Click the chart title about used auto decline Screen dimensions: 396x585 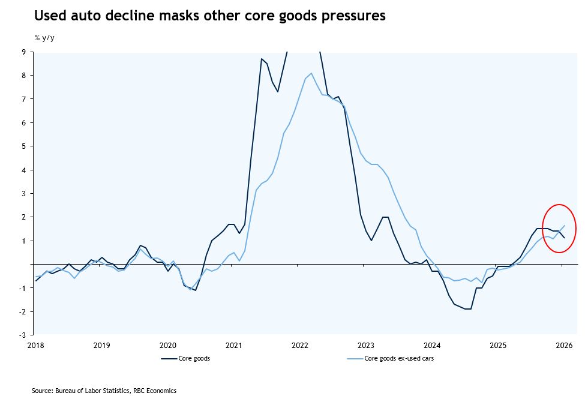pos(209,16)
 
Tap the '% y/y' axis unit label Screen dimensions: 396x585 pos(44,38)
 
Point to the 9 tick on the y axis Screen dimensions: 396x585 pos(24,52)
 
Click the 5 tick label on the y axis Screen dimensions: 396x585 pos(24,146)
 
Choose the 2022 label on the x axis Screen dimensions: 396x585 pos(299,345)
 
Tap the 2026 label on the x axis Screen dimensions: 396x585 pos(563,345)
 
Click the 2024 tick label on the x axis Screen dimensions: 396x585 pos(431,345)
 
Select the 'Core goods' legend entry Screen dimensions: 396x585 pos(185,358)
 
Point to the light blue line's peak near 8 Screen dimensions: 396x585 pos(311,73)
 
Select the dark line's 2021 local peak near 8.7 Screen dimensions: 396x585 pos(262,59)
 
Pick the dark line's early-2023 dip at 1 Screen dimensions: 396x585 pos(371,241)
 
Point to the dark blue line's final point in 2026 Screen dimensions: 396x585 pos(564,238)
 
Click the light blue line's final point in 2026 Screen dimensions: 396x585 pos(564,226)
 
